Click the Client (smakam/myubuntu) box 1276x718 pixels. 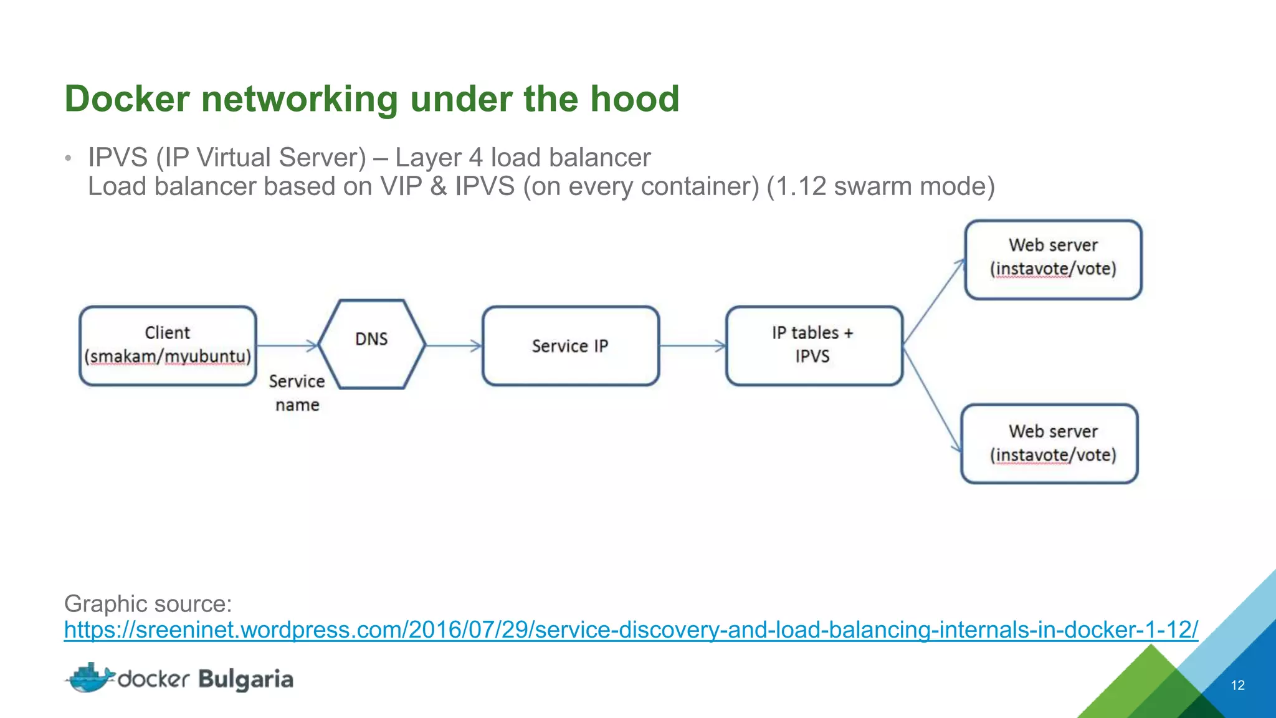pos(168,345)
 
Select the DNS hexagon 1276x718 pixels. pos(371,344)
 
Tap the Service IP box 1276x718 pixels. pos(570,345)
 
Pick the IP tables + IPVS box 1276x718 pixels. pos(814,345)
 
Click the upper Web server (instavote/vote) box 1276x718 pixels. pos(1053,259)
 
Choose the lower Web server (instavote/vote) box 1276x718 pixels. pos(1049,443)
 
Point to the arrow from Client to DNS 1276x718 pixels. pos(287,345)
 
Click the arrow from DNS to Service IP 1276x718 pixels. pos(454,345)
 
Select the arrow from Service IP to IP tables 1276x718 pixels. pos(692,345)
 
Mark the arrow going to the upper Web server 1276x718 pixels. pos(933,302)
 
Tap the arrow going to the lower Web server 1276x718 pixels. pos(931,399)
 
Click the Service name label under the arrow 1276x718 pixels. pos(297,393)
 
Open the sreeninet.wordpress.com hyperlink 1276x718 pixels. pos(631,629)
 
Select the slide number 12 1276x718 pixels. pos(1237,685)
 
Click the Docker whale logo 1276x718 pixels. pos(90,678)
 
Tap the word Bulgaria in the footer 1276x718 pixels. pos(245,679)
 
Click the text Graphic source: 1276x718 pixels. pos(148,603)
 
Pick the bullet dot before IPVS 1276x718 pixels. pos(69,158)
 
